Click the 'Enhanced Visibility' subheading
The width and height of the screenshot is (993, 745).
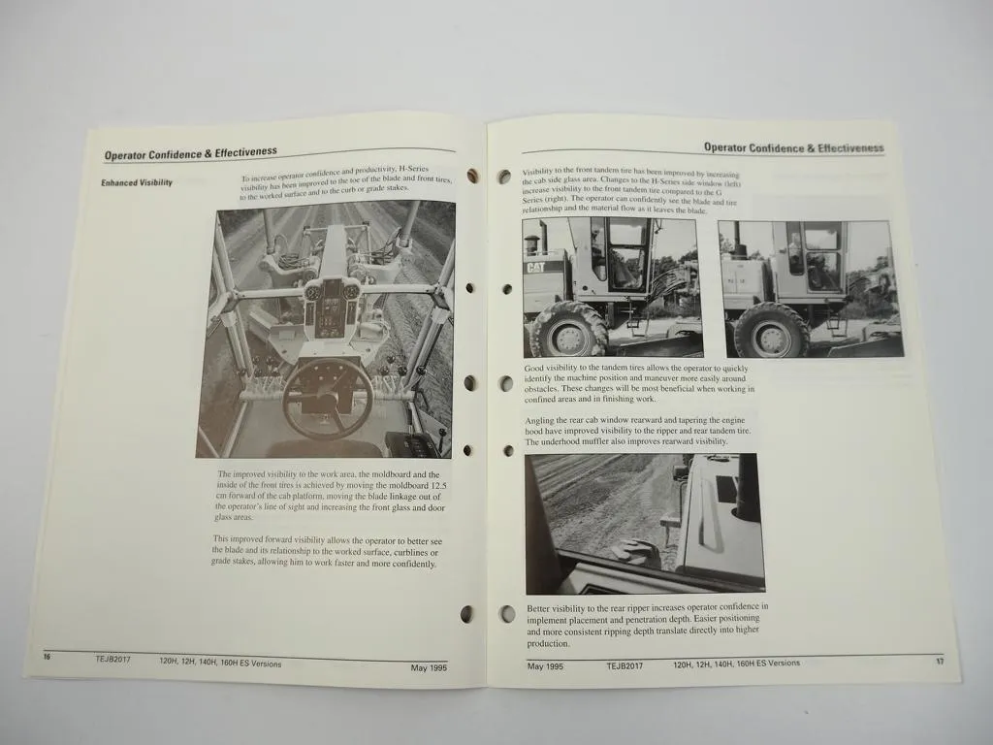(x=137, y=182)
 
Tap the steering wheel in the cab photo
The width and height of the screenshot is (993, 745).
(x=327, y=399)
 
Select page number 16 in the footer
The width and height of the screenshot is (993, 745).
(x=46, y=657)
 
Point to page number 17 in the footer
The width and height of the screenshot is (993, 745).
(x=939, y=663)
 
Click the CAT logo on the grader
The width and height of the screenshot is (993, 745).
(x=535, y=267)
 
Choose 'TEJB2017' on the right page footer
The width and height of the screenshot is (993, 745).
(x=625, y=665)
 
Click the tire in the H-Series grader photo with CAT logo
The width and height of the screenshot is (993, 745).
(x=568, y=331)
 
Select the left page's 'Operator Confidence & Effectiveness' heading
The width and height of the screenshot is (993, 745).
(x=190, y=153)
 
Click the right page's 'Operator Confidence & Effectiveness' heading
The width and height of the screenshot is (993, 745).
(x=793, y=148)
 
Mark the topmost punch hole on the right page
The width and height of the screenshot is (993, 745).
(x=504, y=177)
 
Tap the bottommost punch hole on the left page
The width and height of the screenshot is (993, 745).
(x=467, y=613)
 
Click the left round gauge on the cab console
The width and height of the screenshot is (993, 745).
(x=313, y=292)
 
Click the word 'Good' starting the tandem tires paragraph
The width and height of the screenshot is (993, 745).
(x=534, y=369)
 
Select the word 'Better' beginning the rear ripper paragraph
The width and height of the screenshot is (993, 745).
(x=539, y=608)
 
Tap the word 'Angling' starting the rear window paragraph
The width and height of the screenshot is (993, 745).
(x=541, y=420)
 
